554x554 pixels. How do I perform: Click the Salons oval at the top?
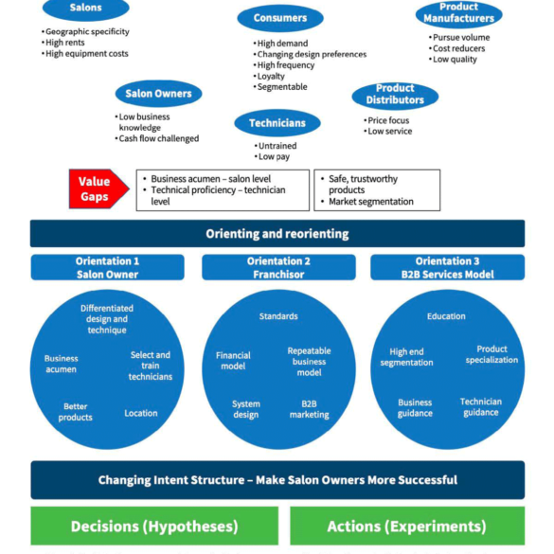point(86,8)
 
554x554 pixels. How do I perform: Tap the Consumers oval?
point(280,18)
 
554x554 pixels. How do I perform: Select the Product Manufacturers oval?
point(458,13)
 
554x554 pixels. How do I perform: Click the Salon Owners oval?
point(159,94)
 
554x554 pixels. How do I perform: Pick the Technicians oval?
point(277,123)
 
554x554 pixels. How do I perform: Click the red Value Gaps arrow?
point(99,189)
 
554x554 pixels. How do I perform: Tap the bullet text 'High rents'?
point(63,43)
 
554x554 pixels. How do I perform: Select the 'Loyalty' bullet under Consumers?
point(269,77)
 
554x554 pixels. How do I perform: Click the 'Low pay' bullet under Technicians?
point(272,156)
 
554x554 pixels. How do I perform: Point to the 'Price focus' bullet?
point(386,120)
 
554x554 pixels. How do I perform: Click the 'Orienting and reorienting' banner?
point(277,234)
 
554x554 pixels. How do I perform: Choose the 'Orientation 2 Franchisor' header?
point(278,267)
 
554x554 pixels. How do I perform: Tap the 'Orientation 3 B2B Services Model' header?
point(447,267)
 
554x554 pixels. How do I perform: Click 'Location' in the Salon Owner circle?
point(141,413)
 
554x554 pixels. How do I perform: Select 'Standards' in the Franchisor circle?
point(278,316)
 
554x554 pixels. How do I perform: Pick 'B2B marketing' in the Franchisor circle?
point(309,409)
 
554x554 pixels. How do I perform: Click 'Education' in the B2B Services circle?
point(446,316)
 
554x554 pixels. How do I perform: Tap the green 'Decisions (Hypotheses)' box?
point(154,527)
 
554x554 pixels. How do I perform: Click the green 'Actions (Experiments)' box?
point(407,527)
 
